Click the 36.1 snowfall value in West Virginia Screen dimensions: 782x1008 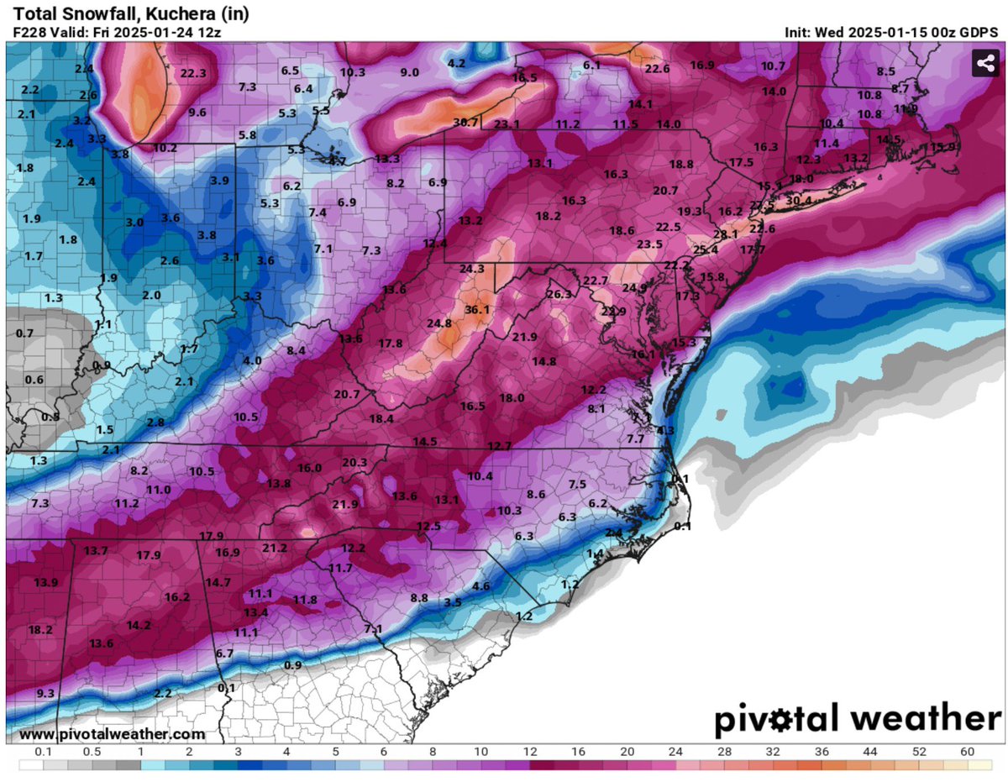[x=476, y=309]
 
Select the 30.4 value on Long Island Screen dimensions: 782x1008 [x=798, y=201]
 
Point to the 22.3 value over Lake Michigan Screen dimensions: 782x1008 [x=192, y=73]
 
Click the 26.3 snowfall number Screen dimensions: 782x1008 [x=558, y=294]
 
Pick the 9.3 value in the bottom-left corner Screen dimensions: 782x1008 [x=45, y=693]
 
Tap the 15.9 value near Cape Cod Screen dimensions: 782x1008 [x=943, y=147]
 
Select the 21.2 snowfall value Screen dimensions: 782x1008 [x=274, y=548]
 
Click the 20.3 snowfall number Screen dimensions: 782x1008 [x=354, y=462]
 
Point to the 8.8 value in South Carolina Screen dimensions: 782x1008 [x=419, y=597]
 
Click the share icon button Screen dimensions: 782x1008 [x=984, y=64]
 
